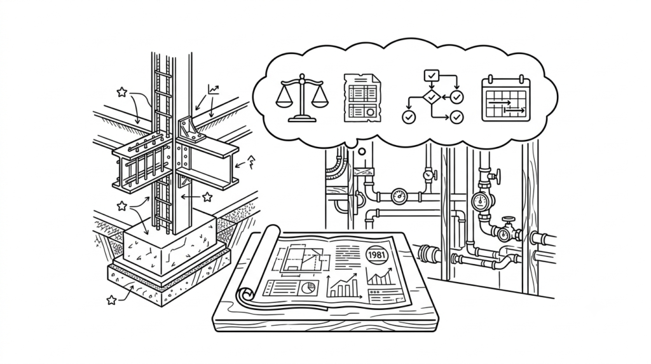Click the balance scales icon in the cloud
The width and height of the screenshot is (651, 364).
pyautogui.click(x=302, y=98)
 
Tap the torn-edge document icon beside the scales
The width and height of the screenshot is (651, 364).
pyautogui.click(x=362, y=98)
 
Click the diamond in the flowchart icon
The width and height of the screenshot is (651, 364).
pyautogui.click(x=432, y=97)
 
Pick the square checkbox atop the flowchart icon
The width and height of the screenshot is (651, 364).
pyautogui.click(x=432, y=76)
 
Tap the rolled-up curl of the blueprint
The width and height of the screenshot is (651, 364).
pyautogui.click(x=247, y=295)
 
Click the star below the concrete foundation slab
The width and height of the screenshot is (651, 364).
pyautogui.click(x=111, y=300)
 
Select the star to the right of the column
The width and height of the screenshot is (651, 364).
pyautogui.click(x=207, y=197)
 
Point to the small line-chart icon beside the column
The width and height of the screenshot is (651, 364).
pyautogui.click(x=214, y=89)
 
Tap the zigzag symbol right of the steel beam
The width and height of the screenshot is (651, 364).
pyautogui.click(x=251, y=162)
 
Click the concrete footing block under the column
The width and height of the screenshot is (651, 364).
pyautogui.click(x=170, y=246)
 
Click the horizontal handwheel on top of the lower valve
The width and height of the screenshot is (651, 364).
pyautogui.click(x=507, y=218)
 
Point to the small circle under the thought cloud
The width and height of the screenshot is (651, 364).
pyautogui.click(x=362, y=151)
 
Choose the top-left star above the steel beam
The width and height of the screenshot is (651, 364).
pyautogui.click(x=121, y=92)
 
